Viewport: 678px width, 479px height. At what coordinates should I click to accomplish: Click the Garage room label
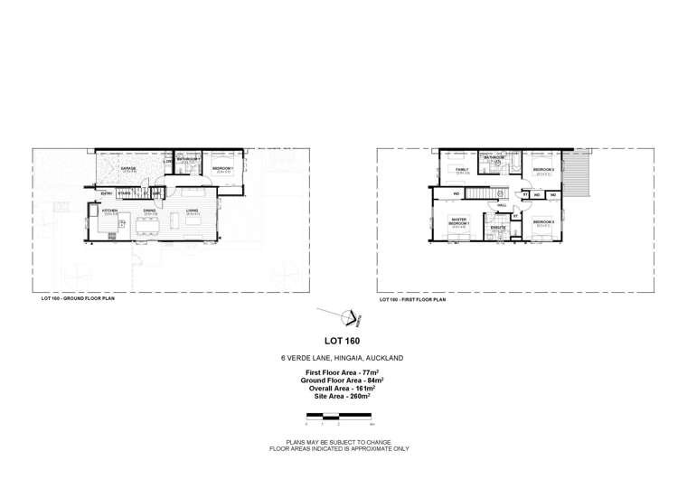128,167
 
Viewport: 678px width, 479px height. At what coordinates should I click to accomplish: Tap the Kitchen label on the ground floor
110,210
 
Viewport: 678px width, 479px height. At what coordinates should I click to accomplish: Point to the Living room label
193,210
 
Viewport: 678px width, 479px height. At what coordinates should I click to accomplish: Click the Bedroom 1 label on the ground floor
222,168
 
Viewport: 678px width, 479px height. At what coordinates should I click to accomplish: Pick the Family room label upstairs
462,169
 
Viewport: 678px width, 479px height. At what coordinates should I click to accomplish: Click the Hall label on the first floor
503,205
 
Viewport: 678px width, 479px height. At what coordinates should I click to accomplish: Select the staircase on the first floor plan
488,193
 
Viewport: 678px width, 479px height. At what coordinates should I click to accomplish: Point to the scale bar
339,416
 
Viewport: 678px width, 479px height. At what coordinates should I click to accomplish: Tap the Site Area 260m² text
339,395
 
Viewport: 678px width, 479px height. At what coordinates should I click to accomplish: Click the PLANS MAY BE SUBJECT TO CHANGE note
339,442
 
